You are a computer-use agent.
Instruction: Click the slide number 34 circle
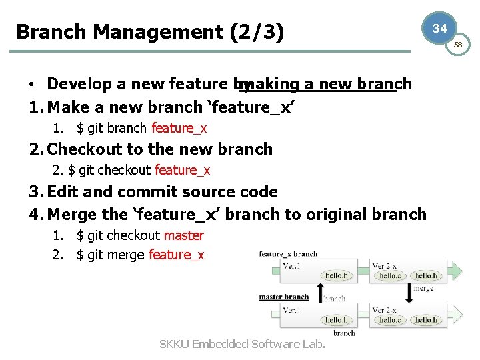coord(439,29)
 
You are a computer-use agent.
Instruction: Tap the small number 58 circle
coord(458,45)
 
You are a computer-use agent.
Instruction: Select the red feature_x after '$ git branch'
coord(179,128)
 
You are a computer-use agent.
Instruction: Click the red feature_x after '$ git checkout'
coord(182,170)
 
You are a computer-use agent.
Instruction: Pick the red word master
coord(183,235)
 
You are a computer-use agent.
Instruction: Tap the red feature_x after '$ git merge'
coord(176,255)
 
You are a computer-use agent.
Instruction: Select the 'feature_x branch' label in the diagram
coord(288,254)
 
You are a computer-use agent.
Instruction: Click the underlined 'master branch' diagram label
coord(283,297)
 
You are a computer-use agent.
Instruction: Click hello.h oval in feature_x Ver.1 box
coord(335,275)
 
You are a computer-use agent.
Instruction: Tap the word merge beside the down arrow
coord(424,288)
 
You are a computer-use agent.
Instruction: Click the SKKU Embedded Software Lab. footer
coord(242,344)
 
